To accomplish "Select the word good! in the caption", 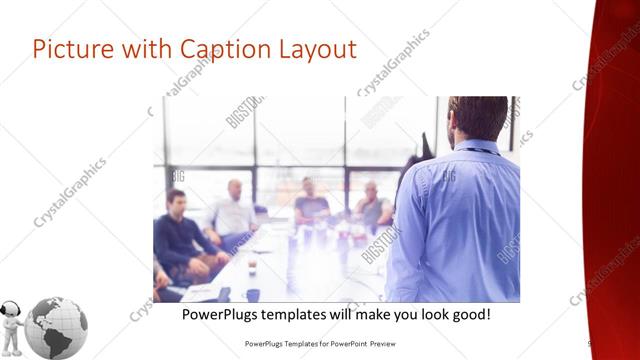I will pos(466,314).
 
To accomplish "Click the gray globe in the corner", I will pos(56,327).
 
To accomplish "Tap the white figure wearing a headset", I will pos(13,324).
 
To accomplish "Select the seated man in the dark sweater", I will pos(177,235).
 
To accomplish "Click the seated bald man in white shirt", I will pos(234,211).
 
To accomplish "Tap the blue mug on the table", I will pos(253,294).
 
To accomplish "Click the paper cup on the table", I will pos(251,268).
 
